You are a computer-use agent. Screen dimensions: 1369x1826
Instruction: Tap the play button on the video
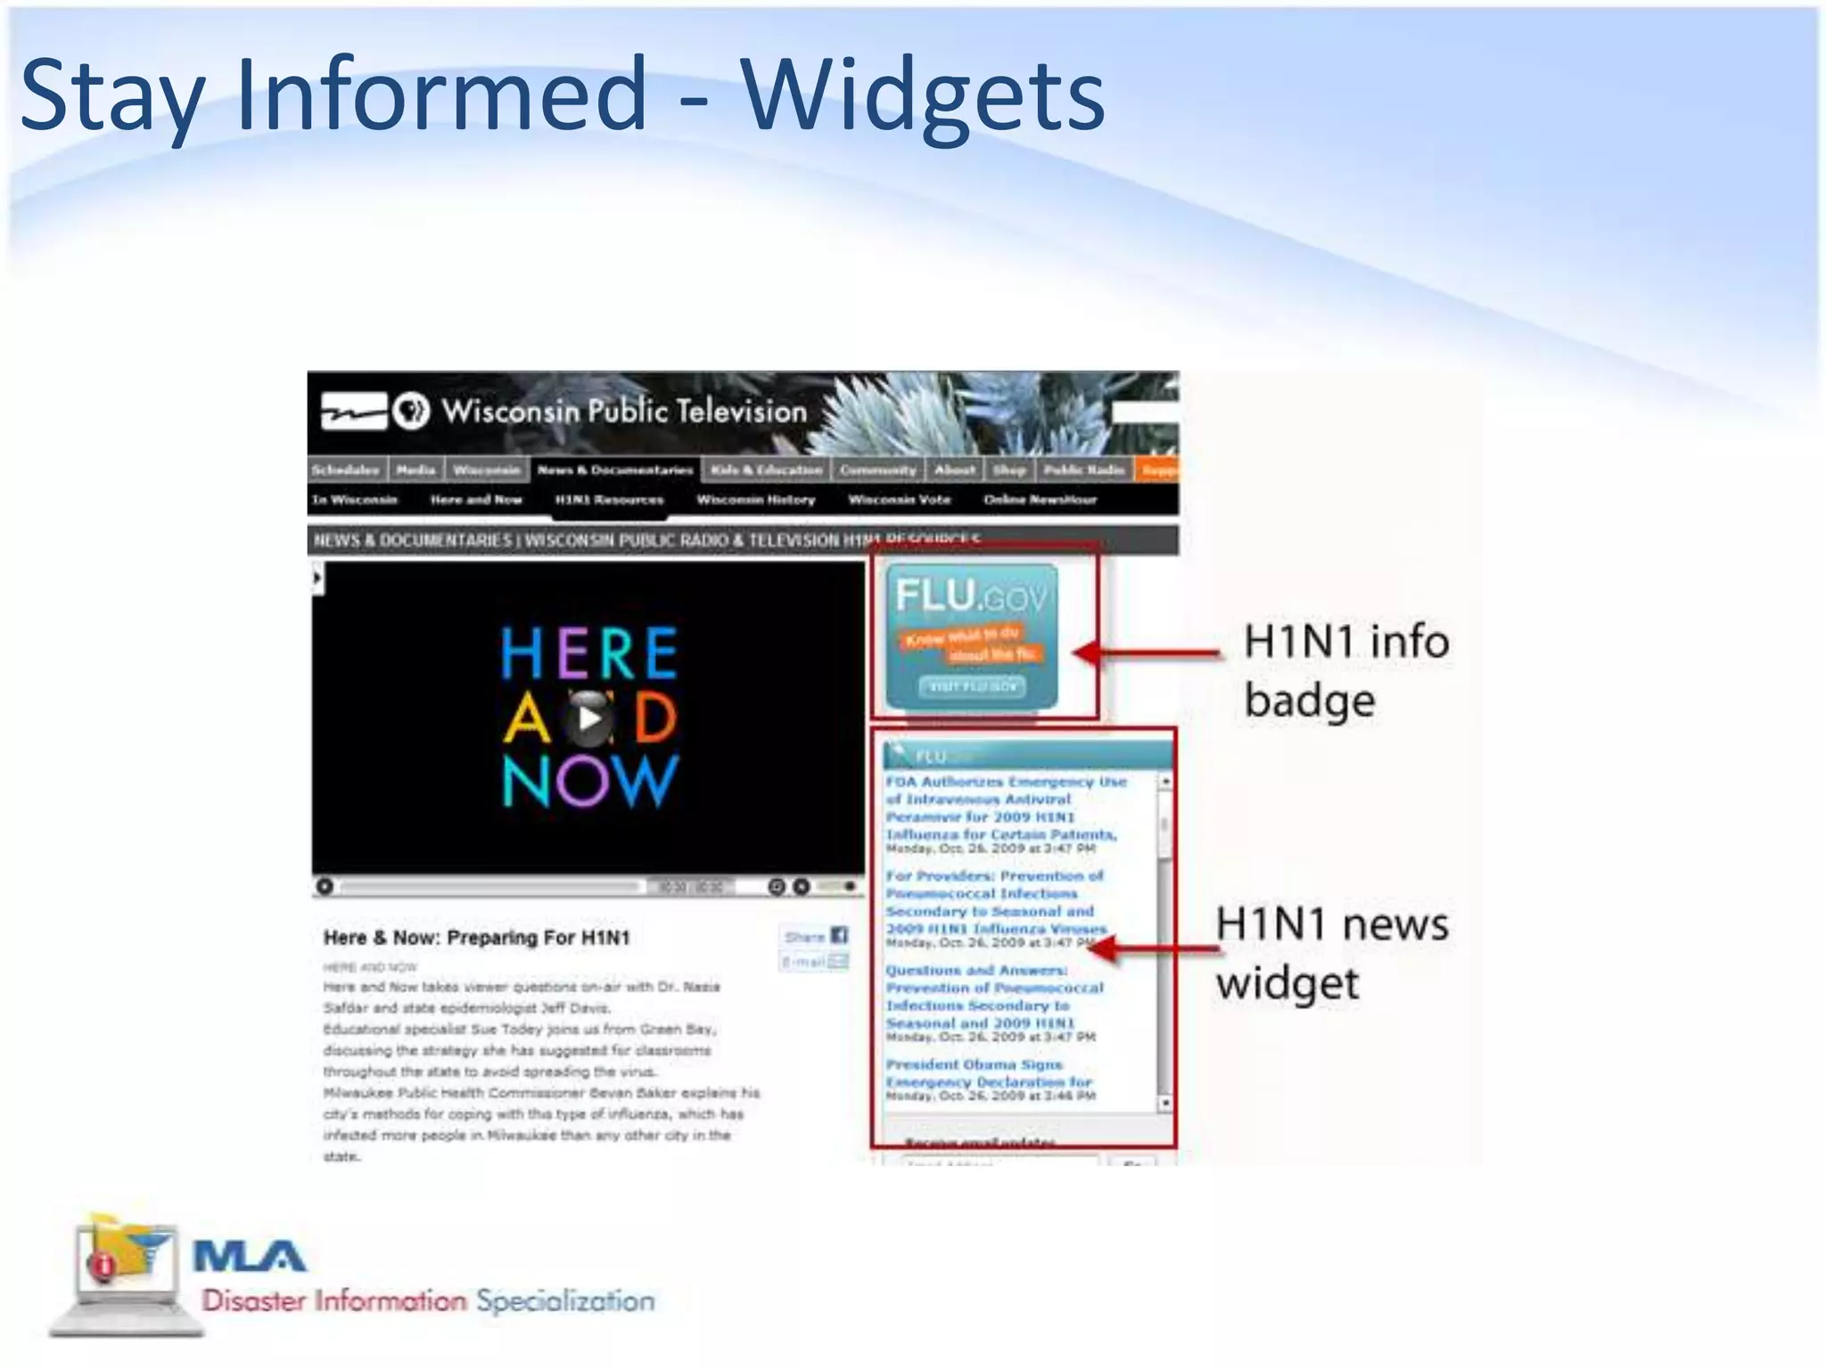point(588,717)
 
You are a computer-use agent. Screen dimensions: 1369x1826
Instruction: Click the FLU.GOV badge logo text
point(971,595)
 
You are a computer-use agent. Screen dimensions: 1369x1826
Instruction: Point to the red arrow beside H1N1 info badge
point(1147,653)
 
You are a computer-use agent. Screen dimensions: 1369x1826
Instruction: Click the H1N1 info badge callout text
point(1345,670)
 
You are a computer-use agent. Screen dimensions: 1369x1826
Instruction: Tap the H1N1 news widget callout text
point(1331,953)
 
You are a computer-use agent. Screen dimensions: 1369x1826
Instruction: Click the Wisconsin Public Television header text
point(624,412)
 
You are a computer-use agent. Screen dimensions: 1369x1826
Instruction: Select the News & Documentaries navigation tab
point(615,470)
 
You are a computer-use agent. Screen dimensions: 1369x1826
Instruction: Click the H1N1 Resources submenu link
point(609,500)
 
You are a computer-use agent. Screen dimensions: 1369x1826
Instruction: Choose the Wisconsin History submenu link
point(756,500)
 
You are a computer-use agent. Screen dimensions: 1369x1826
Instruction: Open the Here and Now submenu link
point(475,500)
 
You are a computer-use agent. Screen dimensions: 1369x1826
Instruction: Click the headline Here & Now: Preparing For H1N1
point(476,938)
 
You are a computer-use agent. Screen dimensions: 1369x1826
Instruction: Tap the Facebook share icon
point(839,935)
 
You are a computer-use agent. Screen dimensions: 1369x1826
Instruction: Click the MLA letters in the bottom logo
point(250,1258)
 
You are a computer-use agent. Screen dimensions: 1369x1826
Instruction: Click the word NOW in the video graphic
point(590,782)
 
